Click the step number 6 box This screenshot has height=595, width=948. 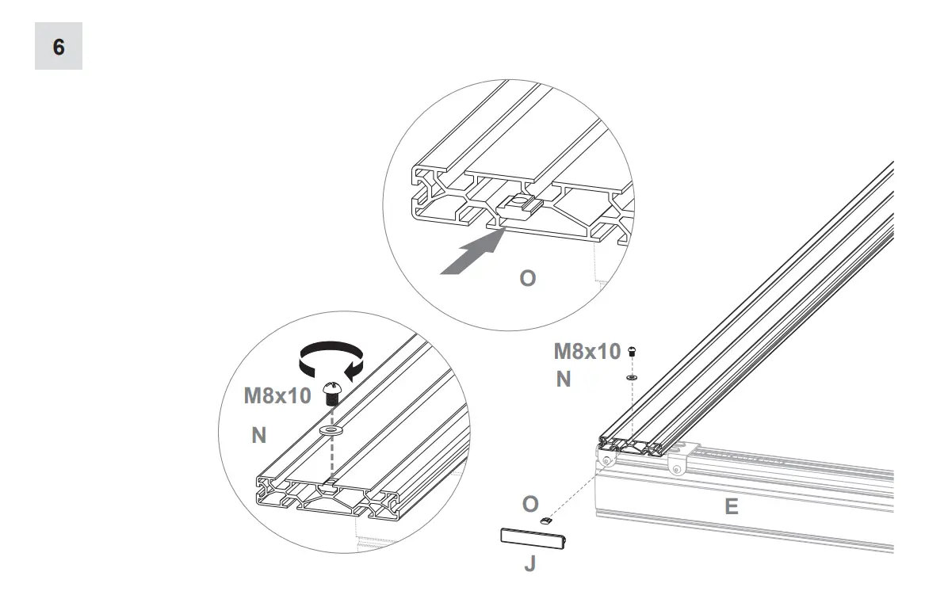point(59,46)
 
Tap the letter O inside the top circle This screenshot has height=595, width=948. point(527,279)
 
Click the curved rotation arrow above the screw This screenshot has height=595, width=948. point(327,358)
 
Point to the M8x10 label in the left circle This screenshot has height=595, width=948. point(277,396)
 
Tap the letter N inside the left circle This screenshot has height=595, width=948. point(259,435)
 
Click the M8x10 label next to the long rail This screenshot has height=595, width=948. point(587,351)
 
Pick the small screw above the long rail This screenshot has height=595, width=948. point(632,351)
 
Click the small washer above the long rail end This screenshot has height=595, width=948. point(632,378)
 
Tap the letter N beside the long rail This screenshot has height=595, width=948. point(563,380)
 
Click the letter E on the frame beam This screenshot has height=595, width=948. point(731,507)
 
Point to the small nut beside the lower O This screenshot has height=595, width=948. point(545,520)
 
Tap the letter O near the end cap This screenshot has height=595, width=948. point(530,504)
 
